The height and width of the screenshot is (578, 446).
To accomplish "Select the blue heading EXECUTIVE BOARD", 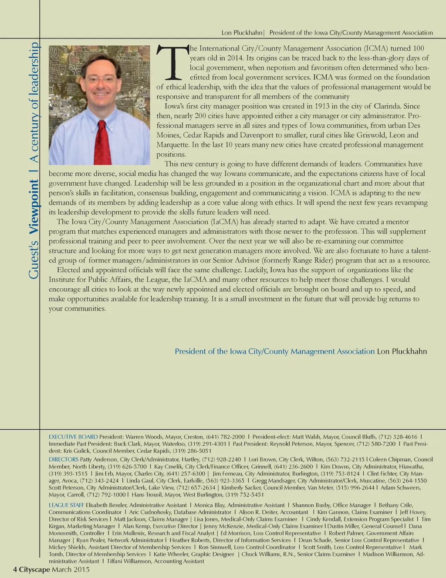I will click(x=73, y=437).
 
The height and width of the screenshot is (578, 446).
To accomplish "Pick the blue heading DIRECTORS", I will click(x=64, y=459).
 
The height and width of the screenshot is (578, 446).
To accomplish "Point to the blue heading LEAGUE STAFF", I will click(x=66, y=505).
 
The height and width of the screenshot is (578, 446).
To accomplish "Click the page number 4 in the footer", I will click(x=15, y=570).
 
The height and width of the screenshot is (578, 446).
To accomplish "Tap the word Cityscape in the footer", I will click(x=34, y=570).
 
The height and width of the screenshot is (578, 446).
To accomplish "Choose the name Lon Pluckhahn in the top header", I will click(x=242, y=33).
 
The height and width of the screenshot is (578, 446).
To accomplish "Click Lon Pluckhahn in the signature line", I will click(x=402, y=352).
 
